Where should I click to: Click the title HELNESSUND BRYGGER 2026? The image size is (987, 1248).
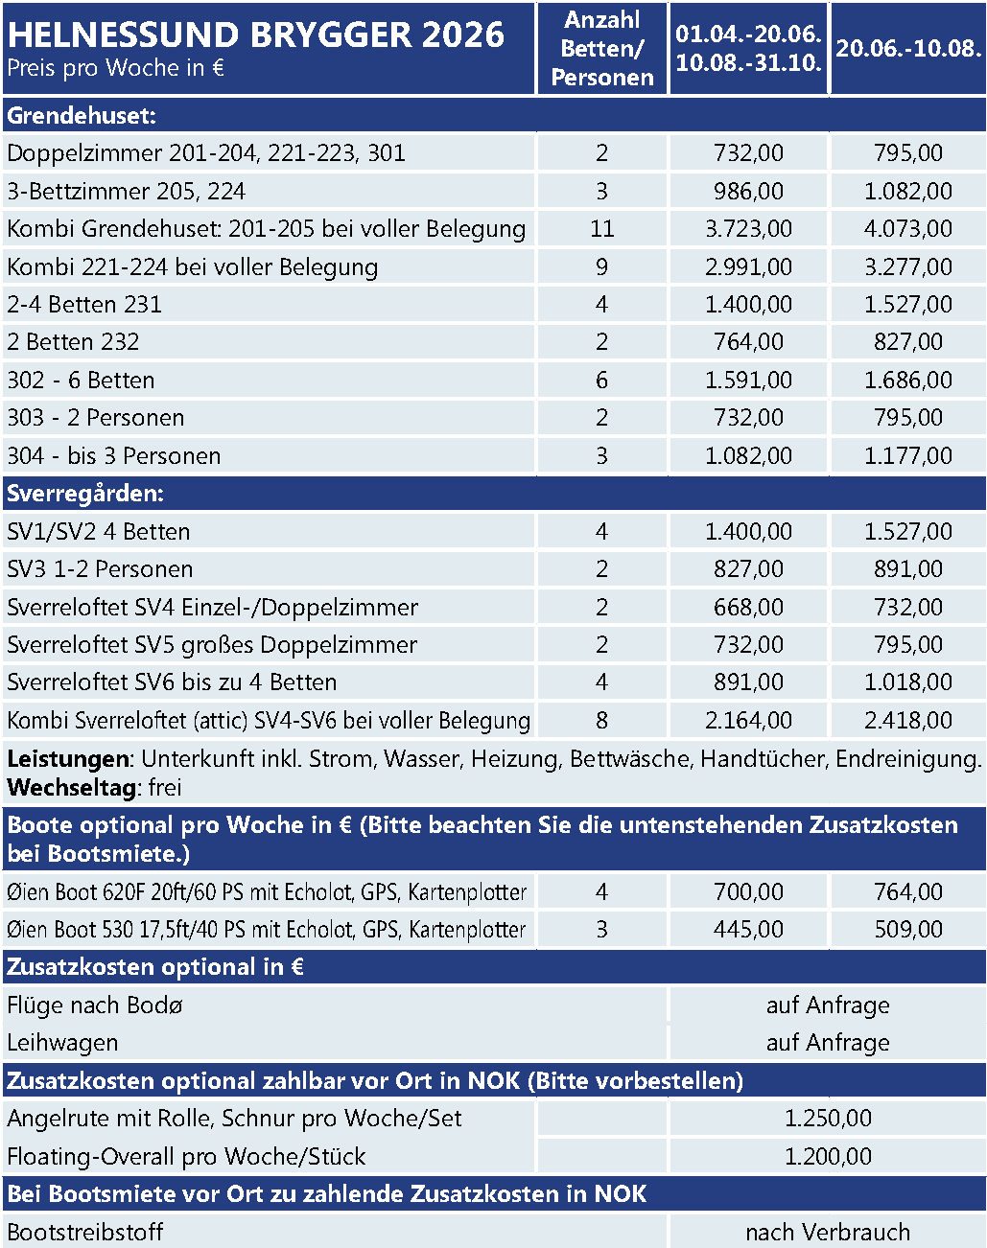(255, 35)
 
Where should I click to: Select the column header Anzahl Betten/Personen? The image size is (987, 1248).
(602, 49)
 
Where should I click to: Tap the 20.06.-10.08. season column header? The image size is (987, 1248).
(908, 49)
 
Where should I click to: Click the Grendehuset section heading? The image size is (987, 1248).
(82, 116)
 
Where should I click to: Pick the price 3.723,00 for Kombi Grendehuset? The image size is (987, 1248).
(748, 229)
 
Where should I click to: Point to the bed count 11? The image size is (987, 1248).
(602, 229)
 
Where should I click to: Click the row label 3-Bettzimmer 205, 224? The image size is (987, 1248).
(126, 192)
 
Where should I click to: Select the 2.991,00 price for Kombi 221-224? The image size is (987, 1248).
(748, 266)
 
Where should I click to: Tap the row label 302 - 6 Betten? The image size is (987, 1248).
(81, 381)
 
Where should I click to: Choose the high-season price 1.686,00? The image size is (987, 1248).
(908, 381)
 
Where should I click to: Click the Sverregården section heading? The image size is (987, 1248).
(85, 494)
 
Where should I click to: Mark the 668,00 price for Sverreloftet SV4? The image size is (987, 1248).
(748, 607)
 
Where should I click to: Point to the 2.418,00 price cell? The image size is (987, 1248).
(908, 721)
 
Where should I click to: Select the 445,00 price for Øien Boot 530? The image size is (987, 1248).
(748, 930)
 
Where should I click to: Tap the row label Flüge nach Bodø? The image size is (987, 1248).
(95, 1005)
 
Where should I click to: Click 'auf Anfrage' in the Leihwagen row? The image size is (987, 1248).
(828, 1043)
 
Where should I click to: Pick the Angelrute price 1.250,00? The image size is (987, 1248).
(828, 1119)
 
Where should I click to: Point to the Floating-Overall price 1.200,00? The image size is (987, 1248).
(828, 1157)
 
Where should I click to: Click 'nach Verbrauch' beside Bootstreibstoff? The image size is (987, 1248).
(828, 1233)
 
